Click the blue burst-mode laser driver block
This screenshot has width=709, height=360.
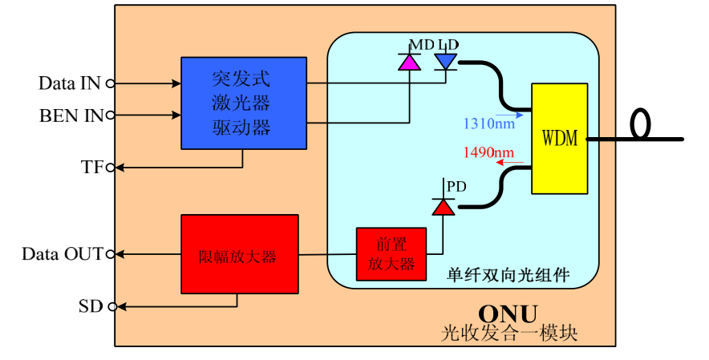coord(243,103)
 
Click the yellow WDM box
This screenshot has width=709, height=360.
coord(559,138)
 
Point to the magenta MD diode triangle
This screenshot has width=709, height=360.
coord(410,62)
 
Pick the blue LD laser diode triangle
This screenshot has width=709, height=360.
coord(445,61)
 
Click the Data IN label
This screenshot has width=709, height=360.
coord(69,83)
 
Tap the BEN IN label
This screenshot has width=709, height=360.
coord(71,115)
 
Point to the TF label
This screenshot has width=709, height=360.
coord(92,167)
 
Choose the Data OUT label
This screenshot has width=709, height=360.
coord(63,254)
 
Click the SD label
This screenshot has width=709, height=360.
coord(91,305)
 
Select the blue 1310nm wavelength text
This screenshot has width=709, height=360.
coord(489,124)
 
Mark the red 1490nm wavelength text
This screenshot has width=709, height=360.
coord(489,152)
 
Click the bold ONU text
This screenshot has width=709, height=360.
coord(508,313)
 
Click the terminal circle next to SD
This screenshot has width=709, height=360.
coord(111,306)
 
